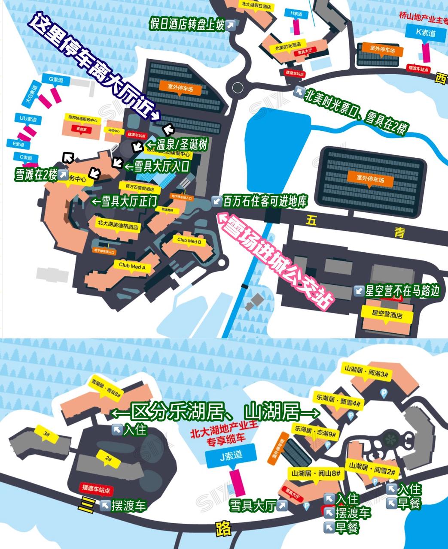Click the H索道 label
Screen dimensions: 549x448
point(296,14)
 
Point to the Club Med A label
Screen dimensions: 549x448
point(132,267)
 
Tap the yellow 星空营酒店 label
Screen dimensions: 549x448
point(387,315)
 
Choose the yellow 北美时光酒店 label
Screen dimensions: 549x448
point(288,44)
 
